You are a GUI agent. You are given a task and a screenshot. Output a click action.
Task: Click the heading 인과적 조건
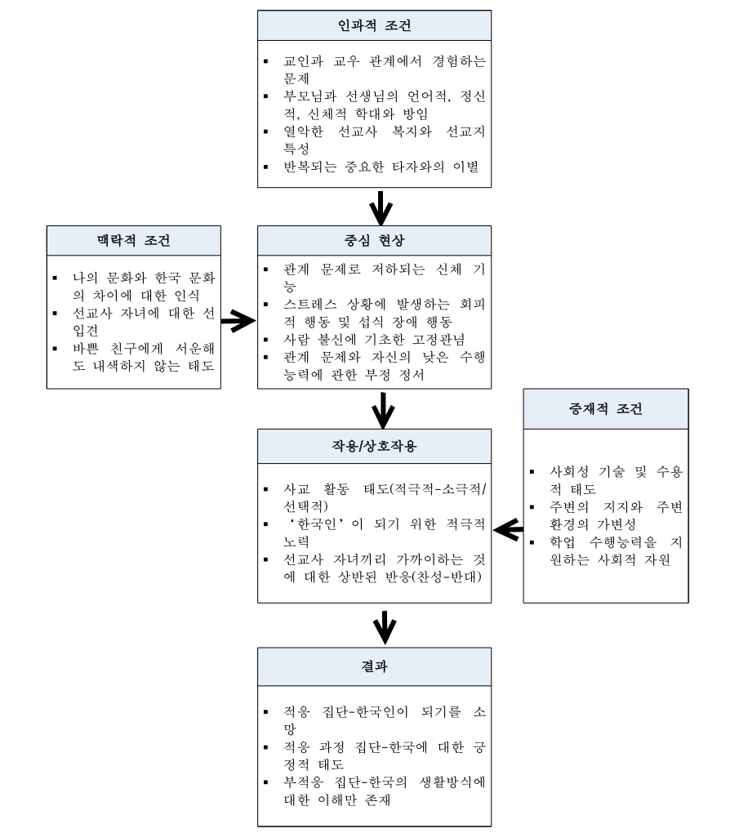tap(375, 25)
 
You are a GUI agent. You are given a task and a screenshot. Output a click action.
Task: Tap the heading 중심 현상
tap(375, 241)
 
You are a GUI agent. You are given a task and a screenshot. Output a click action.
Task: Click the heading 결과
tap(375, 666)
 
